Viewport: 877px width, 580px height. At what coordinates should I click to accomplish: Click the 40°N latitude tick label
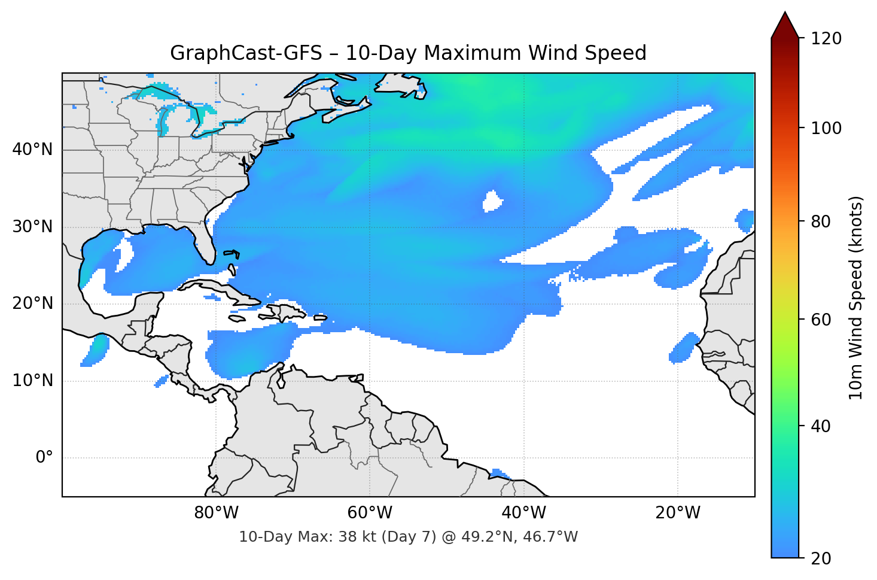(32, 150)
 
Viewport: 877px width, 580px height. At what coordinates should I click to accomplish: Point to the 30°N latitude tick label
(32, 227)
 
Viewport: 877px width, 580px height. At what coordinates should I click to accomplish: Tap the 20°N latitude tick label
(32, 303)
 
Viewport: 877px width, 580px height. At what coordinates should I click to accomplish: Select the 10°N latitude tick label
(32, 381)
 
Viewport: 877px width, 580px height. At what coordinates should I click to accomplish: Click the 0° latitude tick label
(44, 458)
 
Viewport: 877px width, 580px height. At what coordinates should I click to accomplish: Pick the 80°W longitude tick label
(216, 513)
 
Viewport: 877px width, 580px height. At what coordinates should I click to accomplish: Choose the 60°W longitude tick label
(370, 513)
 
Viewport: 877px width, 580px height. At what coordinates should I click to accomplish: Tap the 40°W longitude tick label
(523, 513)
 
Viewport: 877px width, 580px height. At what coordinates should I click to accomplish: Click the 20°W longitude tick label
(677, 513)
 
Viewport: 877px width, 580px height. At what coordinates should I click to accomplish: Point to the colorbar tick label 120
(826, 39)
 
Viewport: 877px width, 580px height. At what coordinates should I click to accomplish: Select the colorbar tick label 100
(826, 128)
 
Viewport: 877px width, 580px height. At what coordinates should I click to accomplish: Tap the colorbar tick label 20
(820, 558)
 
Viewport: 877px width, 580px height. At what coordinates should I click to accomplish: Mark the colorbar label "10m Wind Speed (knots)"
(856, 297)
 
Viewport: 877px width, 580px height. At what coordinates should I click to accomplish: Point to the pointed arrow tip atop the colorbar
(785, 13)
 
